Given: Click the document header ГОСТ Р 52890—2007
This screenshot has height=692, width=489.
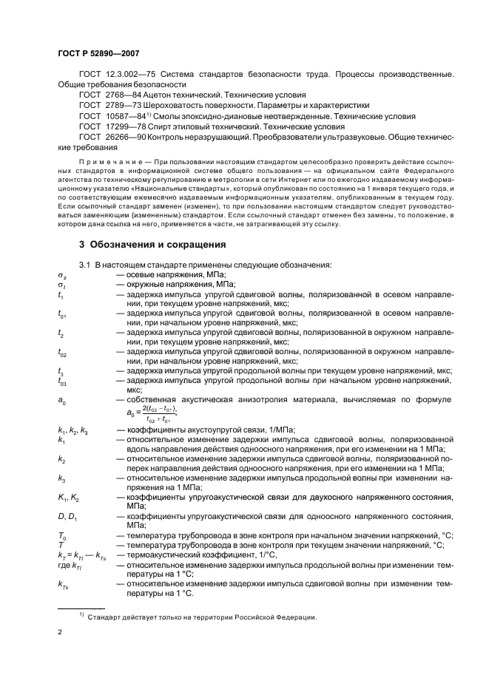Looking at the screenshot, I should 98,55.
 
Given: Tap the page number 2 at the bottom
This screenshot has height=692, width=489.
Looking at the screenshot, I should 60,633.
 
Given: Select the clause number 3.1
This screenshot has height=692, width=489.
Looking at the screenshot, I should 86,265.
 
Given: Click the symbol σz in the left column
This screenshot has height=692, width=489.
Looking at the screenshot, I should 62,275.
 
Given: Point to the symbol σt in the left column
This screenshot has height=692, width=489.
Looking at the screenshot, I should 62,285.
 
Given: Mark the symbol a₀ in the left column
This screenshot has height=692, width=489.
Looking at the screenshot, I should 61,399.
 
